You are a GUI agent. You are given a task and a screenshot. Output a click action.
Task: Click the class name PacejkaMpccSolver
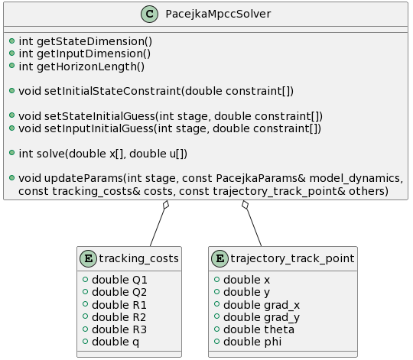coord(218,14)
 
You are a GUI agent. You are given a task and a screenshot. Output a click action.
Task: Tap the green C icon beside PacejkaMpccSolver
coord(149,14)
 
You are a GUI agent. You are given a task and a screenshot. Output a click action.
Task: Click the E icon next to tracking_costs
coord(88,258)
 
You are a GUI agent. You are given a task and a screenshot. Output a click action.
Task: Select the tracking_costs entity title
coord(138,258)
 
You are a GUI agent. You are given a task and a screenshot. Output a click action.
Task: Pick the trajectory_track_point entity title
coord(292,258)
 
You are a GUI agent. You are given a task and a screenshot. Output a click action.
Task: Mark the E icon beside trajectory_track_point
coord(220,258)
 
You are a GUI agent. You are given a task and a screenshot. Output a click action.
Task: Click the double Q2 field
coord(119,293)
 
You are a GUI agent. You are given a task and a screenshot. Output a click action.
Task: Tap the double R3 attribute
coord(119,329)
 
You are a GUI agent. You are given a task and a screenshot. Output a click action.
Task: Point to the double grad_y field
coord(262,318)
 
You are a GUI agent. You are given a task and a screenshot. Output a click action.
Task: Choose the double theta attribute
coord(259,329)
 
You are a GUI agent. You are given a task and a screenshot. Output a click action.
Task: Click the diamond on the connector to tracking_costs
coord(166,205)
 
